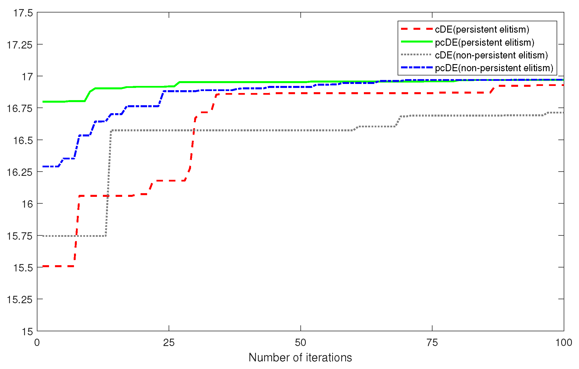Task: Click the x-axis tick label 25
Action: [169, 343]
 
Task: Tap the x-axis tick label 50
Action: [300, 343]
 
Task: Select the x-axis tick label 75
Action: [432, 343]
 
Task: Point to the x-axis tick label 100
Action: [563, 343]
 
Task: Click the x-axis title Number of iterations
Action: [300, 358]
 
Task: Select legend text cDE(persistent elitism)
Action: [482, 29]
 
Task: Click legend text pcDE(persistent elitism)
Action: [484, 43]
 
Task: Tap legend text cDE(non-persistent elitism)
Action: [491, 55]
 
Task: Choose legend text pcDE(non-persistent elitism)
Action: [494, 68]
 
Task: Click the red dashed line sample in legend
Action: [417, 29]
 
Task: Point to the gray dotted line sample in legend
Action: [417, 54]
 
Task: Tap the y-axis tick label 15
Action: [27, 332]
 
